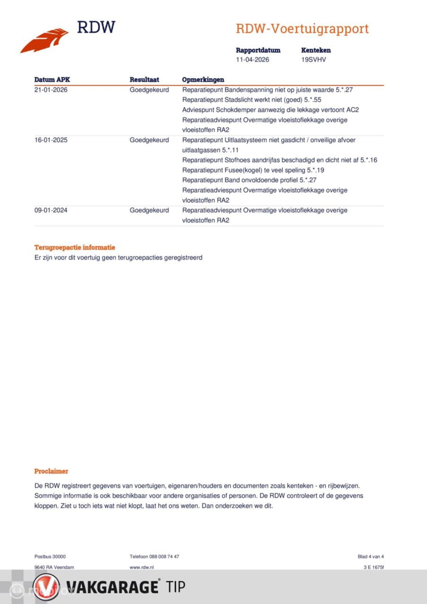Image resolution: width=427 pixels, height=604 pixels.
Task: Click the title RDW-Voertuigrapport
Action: click(x=302, y=29)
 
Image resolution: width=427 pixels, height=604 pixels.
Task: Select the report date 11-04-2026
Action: click(x=253, y=60)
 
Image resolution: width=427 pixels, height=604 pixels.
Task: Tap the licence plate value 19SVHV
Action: click(x=314, y=60)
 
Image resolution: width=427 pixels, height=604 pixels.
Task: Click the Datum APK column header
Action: click(x=52, y=80)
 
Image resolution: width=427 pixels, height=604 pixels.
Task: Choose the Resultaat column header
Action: click(x=144, y=80)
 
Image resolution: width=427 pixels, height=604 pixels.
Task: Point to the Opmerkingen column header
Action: click(x=203, y=80)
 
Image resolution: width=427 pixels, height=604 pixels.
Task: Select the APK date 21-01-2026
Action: click(x=51, y=90)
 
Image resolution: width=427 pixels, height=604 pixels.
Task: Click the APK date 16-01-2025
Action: click(x=51, y=140)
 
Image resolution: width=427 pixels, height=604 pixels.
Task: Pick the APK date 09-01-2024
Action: click(x=51, y=210)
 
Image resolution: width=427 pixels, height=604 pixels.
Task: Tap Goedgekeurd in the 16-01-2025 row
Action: click(x=149, y=140)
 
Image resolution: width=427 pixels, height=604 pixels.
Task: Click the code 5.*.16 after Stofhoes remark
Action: click(x=369, y=160)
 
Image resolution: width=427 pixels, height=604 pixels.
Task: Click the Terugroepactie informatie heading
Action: click(x=75, y=247)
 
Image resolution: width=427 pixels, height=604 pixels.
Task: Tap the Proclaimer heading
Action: click(x=51, y=471)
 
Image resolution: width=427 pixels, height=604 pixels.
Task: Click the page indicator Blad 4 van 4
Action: click(x=371, y=556)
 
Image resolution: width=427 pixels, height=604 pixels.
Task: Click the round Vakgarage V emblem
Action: click(x=46, y=587)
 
